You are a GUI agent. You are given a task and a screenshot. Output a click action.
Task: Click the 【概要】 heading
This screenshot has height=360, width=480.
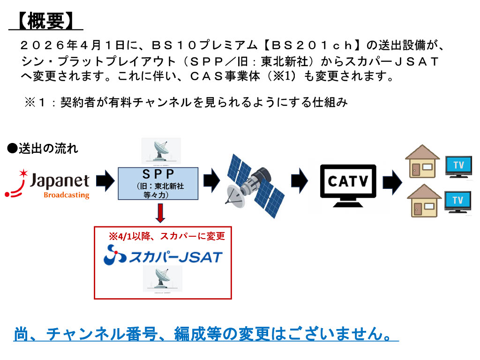click(45, 21)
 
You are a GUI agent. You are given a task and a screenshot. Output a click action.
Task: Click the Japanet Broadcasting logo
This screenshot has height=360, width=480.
click(47, 184)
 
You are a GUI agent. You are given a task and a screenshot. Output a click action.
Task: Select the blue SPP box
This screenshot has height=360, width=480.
click(158, 184)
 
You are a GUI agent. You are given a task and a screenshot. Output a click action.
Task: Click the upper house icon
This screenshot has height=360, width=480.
click(422, 161)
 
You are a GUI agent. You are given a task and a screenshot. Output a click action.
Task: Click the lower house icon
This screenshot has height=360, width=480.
click(424, 201)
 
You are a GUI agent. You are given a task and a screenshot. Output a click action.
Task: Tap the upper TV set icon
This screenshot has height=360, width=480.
click(458, 166)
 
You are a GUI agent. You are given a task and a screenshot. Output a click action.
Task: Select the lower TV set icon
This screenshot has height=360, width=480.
click(457, 202)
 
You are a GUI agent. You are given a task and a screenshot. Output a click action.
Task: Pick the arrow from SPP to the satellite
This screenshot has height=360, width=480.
click(211, 180)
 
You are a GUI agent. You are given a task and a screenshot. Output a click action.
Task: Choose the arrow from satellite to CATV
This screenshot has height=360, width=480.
click(299, 180)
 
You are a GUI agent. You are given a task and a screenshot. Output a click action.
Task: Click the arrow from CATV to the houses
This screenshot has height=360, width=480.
click(392, 182)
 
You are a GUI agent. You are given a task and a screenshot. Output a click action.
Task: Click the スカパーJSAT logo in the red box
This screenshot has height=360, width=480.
click(163, 255)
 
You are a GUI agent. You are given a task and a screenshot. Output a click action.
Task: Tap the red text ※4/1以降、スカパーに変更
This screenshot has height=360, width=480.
click(167, 236)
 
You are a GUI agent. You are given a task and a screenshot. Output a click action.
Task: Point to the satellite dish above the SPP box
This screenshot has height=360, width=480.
click(161, 151)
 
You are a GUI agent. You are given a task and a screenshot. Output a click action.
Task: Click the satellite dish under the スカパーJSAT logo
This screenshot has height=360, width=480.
click(163, 279)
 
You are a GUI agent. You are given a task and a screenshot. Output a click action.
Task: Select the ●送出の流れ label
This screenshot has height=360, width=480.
click(43, 149)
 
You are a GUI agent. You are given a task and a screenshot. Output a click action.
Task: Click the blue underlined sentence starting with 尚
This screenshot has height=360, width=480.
click(206, 334)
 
